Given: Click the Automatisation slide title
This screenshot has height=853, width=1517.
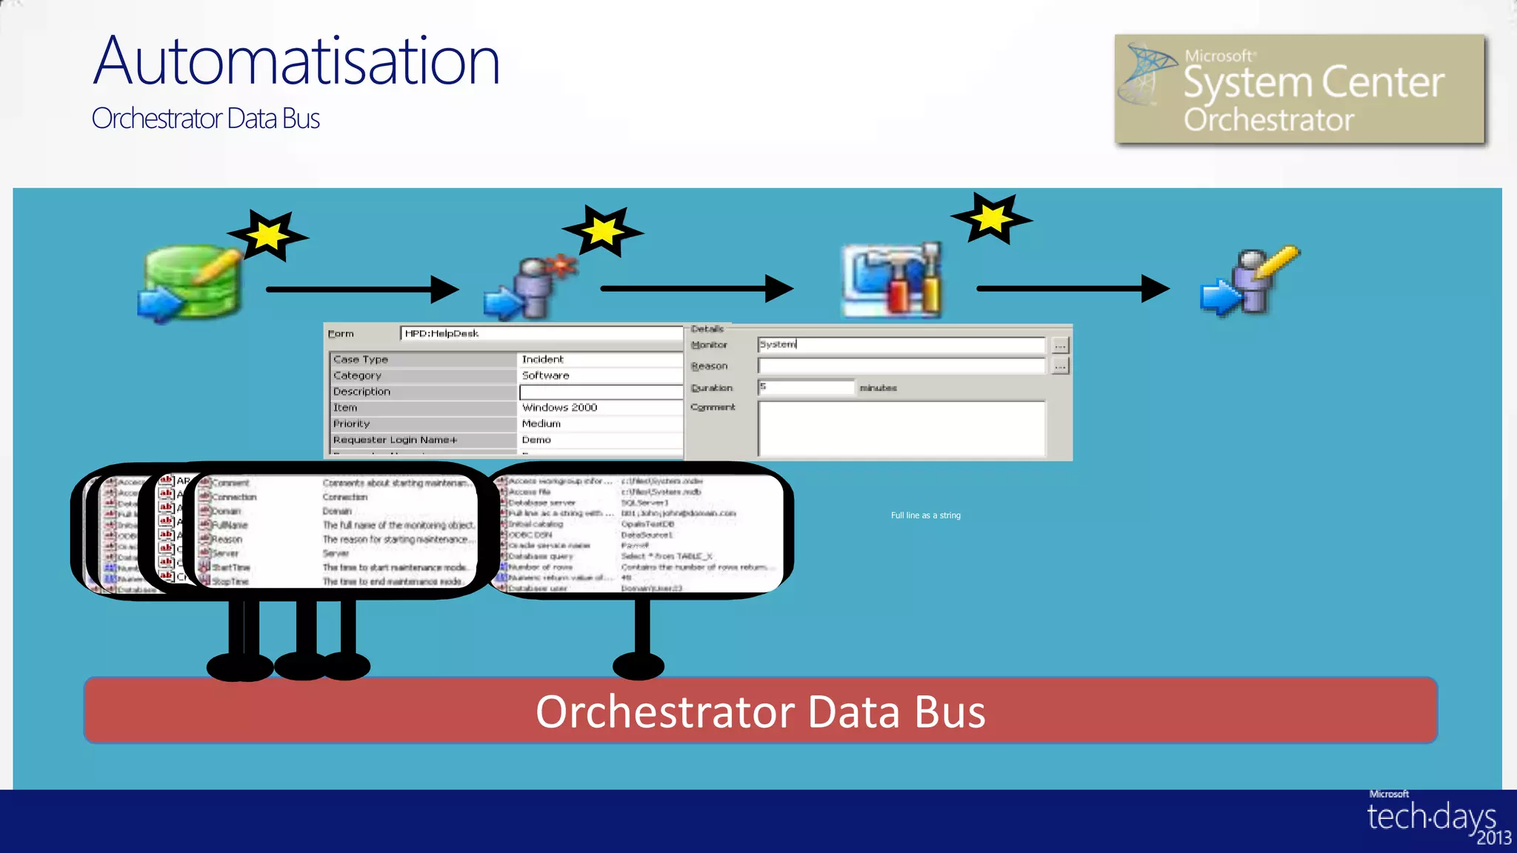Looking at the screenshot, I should pos(296,61).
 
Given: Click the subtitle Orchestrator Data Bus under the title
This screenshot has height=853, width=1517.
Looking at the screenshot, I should pos(206,118).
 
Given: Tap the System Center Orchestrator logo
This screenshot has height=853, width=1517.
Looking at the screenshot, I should pos(1299,89).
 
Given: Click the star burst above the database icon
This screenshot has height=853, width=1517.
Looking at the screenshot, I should pos(268,235).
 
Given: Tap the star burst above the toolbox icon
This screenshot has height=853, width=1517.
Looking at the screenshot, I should pos(991,218).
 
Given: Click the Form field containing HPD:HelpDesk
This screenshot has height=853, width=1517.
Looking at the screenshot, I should pos(541,334).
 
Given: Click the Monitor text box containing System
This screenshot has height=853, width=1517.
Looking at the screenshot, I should pos(900,344).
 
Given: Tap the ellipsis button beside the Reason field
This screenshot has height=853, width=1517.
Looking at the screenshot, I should pos(1060,366).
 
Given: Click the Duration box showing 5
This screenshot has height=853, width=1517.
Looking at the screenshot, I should pos(805,387).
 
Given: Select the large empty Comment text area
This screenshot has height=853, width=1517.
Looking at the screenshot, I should pos(901,428).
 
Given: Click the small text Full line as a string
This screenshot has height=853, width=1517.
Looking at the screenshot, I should pos(925,515).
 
